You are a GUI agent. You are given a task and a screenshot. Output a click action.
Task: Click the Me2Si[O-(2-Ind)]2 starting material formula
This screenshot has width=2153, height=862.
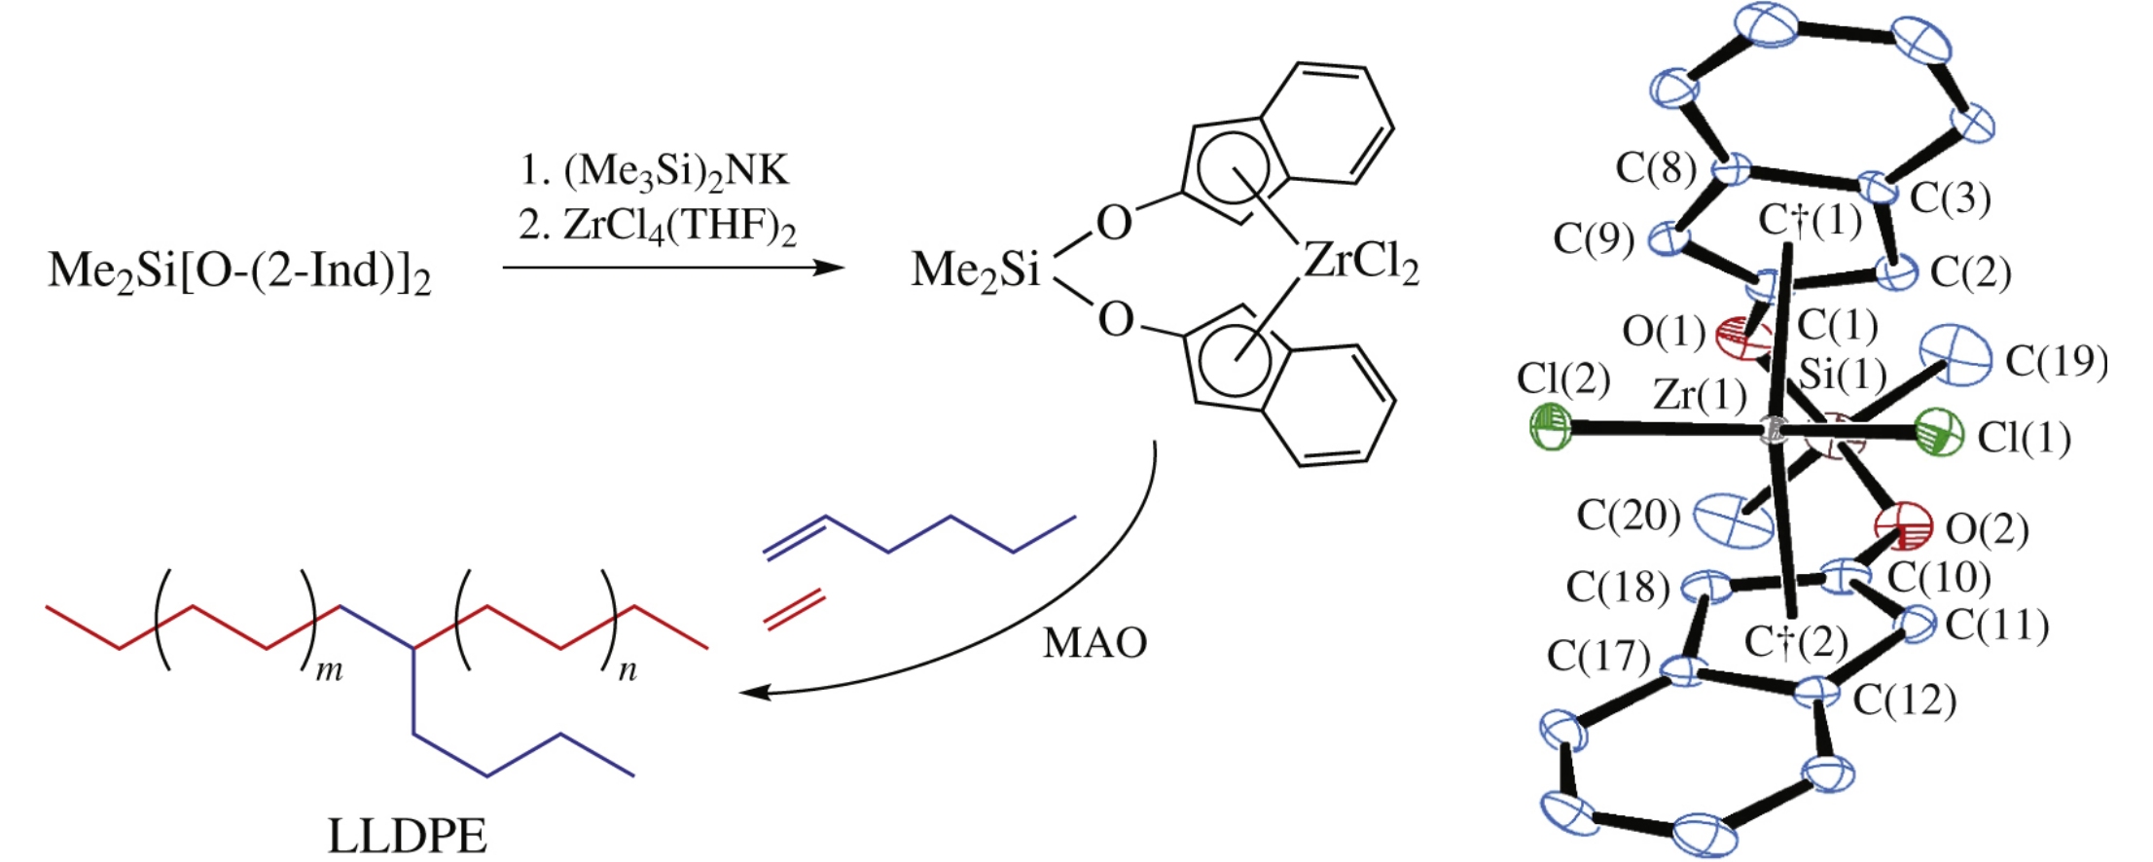pos(239,270)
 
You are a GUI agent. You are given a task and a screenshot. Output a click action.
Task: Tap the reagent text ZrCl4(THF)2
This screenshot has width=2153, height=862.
pos(658,227)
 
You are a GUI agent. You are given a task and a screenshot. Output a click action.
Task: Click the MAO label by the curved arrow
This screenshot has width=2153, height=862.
pos(1094,643)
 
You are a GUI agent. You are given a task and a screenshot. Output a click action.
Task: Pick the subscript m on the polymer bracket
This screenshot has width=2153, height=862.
pos(330,670)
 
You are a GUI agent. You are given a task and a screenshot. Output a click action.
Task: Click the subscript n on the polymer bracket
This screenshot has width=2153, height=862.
pos(628,670)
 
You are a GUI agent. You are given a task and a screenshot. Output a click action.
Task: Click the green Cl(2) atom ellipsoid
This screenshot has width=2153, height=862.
pos(1550,427)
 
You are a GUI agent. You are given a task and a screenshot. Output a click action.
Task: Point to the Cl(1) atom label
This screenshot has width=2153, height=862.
pos(2025,439)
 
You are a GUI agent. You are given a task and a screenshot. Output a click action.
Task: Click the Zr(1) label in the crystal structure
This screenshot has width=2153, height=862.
pos(1699,395)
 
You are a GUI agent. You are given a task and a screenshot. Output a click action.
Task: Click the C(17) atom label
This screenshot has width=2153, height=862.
pos(1598,657)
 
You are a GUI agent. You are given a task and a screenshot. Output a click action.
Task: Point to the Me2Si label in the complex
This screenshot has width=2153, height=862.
pos(975,270)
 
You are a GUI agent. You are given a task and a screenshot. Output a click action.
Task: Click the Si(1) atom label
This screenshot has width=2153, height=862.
pos(1843,374)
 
